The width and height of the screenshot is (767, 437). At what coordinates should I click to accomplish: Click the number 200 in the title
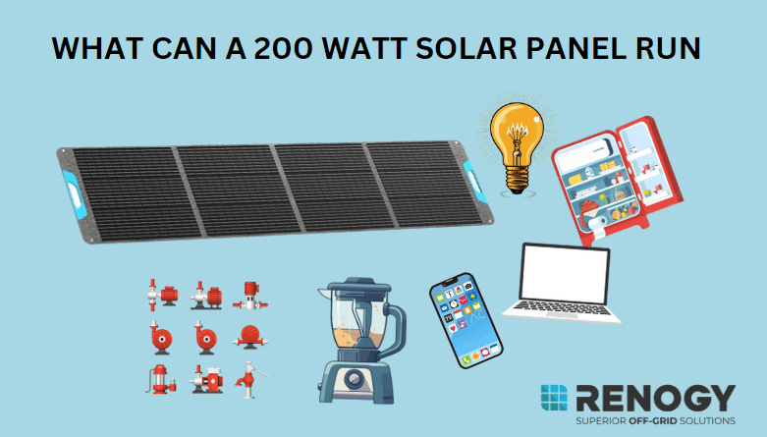pos(291,50)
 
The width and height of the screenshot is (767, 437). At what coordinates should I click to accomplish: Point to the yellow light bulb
pos(515,137)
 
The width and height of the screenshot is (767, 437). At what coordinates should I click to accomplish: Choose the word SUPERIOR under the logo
pos(587,422)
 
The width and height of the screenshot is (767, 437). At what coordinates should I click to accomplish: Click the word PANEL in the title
pos(572,50)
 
